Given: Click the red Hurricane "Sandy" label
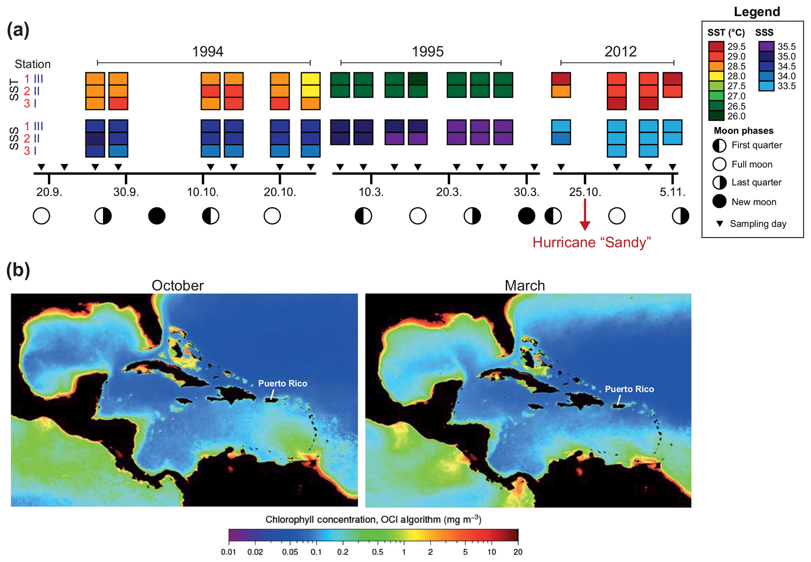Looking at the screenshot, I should tap(591, 242).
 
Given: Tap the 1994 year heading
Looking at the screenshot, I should tap(208, 51).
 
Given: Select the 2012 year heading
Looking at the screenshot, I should tap(620, 51).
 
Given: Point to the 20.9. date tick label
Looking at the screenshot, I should tap(49, 192).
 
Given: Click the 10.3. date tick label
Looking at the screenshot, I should tap(371, 192).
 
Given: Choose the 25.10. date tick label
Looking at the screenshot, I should tap(585, 192).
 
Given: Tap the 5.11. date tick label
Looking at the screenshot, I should tap(672, 192).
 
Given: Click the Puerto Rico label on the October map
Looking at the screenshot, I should tap(282, 383).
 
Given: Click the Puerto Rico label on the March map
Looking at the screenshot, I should tap(629, 389).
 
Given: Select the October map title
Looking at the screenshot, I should tap(177, 286).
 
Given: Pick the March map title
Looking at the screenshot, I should tap(525, 286).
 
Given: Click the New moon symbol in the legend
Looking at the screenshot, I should tap(719, 201).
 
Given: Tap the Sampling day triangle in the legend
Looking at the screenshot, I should tap(720, 223).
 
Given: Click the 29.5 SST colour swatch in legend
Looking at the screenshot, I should tap(716, 46).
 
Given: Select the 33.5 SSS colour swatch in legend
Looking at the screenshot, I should tap(766, 86).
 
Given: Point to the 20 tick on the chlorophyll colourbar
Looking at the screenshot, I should tap(518, 552).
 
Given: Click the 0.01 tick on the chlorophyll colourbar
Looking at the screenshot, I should tap(228, 552).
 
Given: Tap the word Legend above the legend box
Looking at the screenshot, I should tap(756, 12).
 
